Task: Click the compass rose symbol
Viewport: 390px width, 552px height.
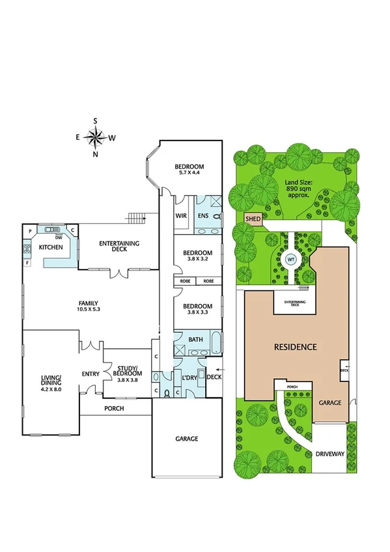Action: point(96,137)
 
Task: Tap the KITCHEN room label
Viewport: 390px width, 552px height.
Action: point(50,248)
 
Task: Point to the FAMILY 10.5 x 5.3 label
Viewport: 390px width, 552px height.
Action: point(89,306)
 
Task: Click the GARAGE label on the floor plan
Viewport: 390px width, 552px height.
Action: point(186,439)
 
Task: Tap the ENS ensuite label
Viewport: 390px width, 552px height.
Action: point(203,215)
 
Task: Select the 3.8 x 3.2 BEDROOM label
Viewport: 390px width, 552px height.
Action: point(197,256)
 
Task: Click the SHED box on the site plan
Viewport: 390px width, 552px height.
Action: point(253,219)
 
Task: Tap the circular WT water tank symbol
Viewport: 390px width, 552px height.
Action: point(291,259)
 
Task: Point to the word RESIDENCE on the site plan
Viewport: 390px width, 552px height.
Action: point(294,347)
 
